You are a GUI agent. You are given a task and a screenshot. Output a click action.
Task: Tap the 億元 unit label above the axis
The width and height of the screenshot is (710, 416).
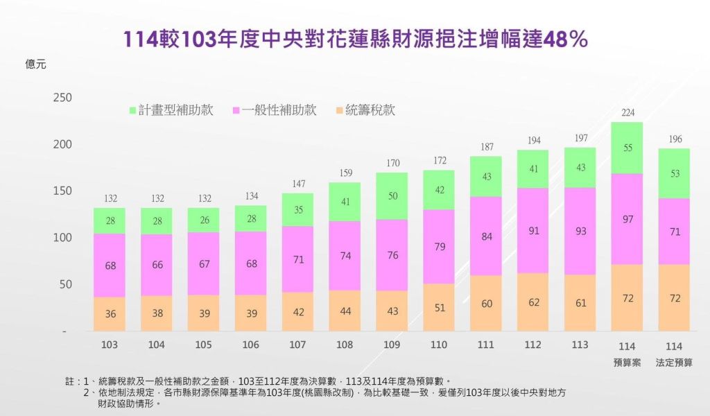pyautogui.click(x=35, y=64)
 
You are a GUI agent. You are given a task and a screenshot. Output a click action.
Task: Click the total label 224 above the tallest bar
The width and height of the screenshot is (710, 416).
pyautogui.click(x=627, y=114)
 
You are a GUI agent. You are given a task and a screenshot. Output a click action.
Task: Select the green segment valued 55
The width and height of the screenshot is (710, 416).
pyautogui.click(x=627, y=148)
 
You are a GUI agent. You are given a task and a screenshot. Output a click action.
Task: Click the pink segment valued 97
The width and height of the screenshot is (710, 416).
pyautogui.click(x=627, y=219)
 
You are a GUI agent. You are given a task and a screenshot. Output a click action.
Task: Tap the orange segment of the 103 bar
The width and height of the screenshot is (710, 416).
pyautogui.click(x=110, y=314)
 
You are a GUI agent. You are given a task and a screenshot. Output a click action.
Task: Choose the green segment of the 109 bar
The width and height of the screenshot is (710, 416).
pyautogui.click(x=392, y=196)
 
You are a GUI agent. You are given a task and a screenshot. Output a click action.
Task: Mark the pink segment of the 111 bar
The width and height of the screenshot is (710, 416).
pyautogui.click(x=486, y=236)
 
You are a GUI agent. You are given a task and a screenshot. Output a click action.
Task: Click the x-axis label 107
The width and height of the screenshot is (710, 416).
pyautogui.click(x=297, y=345)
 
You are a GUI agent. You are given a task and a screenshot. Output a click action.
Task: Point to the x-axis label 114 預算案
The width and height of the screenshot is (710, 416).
pyautogui.click(x=627, y=354)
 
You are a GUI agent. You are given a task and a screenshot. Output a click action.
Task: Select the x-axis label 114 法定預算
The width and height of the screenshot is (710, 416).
pyautogui.click(x=675, y=354)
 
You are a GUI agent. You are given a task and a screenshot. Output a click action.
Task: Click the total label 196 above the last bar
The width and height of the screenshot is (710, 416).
pyautogui.click(x=675, y=139)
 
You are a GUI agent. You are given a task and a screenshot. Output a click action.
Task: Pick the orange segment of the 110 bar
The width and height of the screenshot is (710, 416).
pyautogui.click(x=439, y=307)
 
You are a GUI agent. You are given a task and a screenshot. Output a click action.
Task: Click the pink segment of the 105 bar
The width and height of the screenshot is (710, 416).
pyautogui.click(x=204, y=263)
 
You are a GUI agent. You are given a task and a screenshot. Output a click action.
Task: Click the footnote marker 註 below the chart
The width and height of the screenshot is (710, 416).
pyautogui.click(x=69, y=381)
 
